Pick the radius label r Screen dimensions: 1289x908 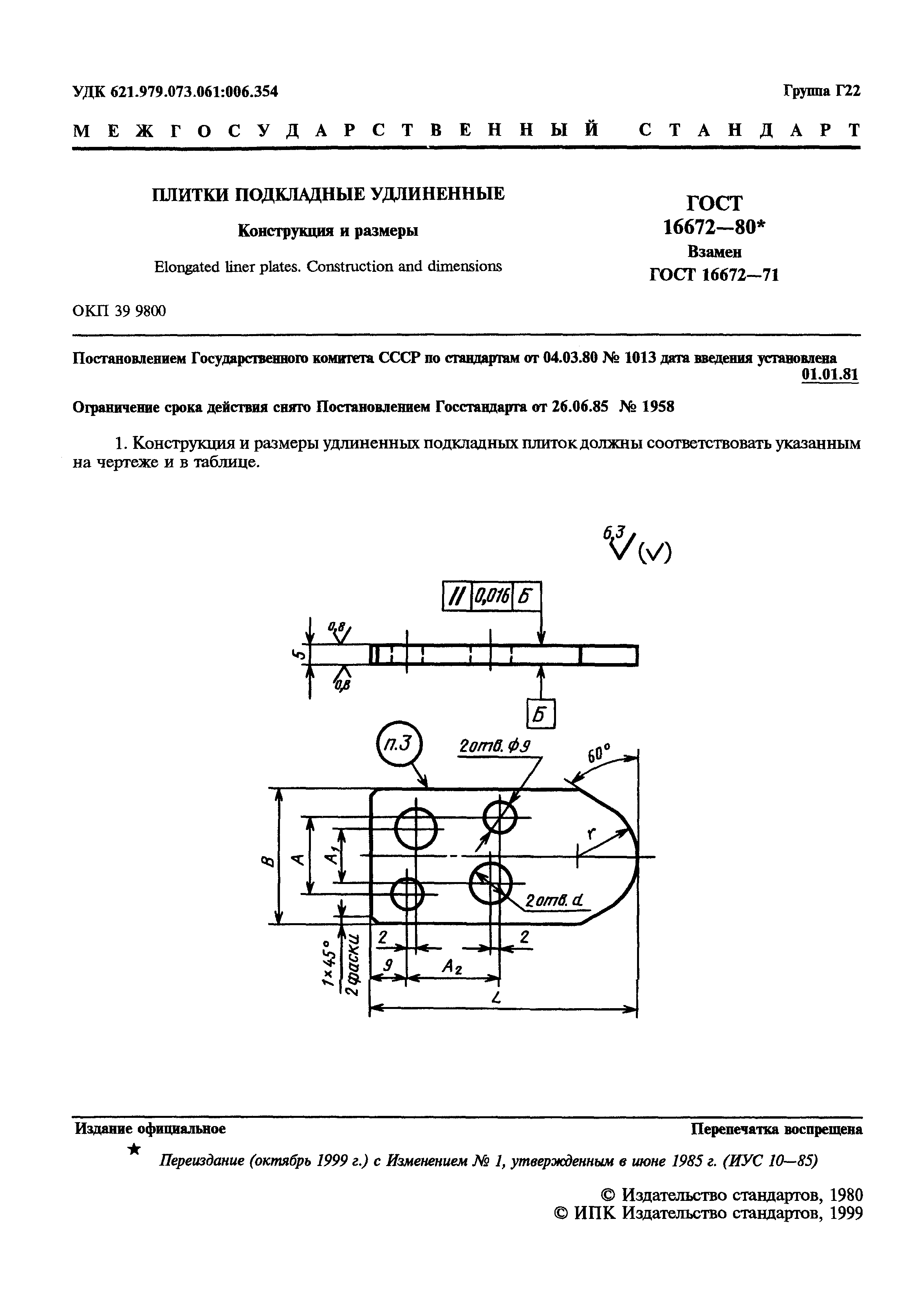click(x=590, y=833)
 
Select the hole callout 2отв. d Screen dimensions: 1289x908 click(x=553, y=902)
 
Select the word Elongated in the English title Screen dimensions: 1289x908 click(x=187, y=267)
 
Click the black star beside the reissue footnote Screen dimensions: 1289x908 click(x=135, y=1148)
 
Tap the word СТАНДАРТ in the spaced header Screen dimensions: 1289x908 click(x=749, y=131)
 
